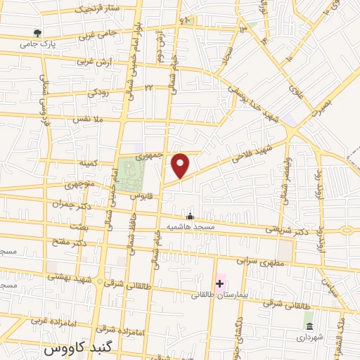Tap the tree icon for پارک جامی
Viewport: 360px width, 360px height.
(37, 33)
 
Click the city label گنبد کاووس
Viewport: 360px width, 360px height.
(75, 348)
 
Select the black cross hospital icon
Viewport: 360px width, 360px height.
(220, 283)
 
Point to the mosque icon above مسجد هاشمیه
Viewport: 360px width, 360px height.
(189, 216)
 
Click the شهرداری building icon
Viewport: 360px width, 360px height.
(309, 326)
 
